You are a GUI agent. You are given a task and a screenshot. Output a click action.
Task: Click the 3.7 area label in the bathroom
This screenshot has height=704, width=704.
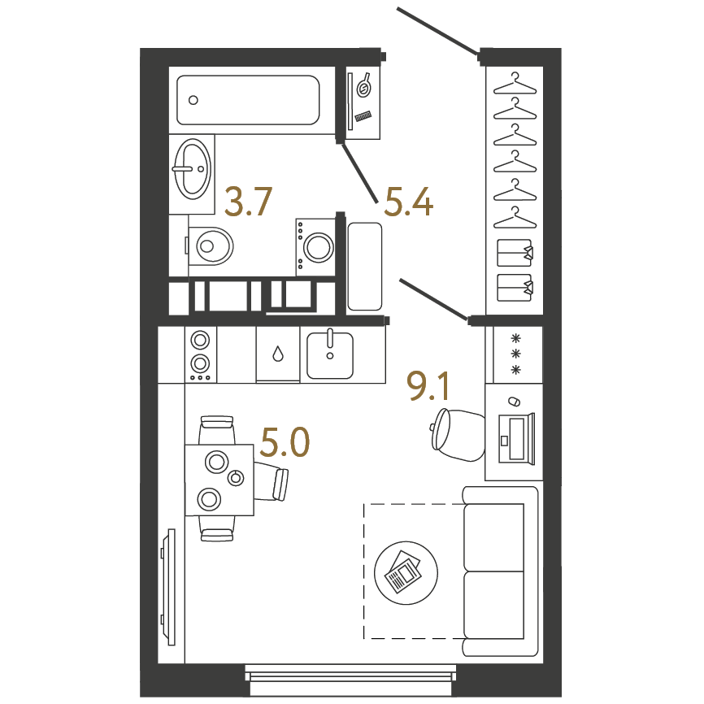pos(248,202)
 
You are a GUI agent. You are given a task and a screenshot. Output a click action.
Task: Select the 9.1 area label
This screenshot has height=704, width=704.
pos(428,386)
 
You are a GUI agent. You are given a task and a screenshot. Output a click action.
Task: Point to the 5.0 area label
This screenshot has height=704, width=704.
pos(285,442)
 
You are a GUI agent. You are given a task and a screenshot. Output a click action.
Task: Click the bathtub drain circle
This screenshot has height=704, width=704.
pos(193,100)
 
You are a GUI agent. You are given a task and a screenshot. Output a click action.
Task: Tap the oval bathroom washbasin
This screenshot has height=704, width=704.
pos(192,169)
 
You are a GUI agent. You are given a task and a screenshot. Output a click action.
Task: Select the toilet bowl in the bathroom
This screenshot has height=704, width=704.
pos(211,246)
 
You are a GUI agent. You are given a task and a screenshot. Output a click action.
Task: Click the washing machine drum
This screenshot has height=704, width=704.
pos(319,247)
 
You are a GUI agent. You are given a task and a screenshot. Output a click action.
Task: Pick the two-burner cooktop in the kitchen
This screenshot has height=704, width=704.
pos(200,354)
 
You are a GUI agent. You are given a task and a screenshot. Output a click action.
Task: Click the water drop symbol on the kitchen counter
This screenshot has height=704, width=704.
pos(278,354)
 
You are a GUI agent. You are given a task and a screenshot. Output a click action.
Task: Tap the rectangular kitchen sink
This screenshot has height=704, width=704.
pos(330,354)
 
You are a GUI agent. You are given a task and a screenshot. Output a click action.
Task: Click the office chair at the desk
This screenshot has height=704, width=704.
pos(456,435)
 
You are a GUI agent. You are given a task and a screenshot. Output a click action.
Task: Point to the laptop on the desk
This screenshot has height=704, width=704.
pos(516,438)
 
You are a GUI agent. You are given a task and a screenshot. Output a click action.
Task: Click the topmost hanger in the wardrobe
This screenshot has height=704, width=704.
pos(515,84)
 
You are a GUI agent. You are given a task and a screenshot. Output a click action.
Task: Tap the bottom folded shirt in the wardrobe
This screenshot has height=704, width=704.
pos(515,287)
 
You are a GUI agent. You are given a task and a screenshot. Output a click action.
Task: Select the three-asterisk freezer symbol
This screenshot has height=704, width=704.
pos(516,354)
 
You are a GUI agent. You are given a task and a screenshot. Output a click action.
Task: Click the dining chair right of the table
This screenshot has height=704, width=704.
pos(271,482)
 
